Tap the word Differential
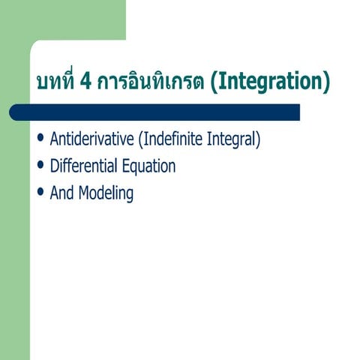click(83, 166)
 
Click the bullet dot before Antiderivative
click(40, 140)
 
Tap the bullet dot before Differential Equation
click(40, 166)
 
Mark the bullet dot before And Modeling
click(40, 193)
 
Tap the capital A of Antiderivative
click(54, 139)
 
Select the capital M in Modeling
click(84, 193)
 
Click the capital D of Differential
click(54, 166)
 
